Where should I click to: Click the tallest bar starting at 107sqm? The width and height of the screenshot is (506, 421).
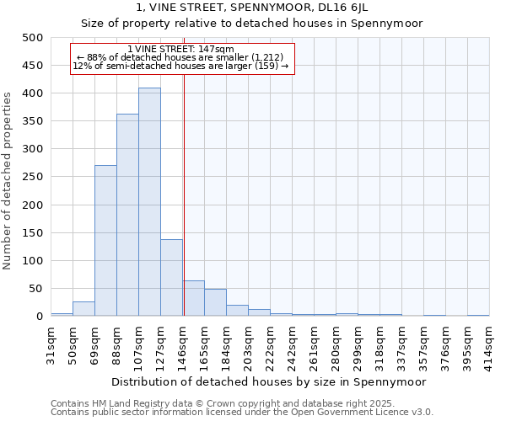149,202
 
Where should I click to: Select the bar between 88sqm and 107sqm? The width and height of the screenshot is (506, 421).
127,215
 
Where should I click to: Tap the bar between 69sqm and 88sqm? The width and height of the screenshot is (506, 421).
105,241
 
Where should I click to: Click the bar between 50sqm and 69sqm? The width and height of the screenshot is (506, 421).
83,309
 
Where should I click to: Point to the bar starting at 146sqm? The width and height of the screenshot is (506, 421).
193,299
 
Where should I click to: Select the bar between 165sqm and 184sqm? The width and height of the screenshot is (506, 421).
215,303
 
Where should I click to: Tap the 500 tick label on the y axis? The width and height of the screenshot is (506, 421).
33,38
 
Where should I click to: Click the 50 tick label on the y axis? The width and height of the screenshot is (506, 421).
36,289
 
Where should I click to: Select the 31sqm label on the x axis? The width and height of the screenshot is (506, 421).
51,343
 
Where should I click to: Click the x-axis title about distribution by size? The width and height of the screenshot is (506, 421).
269,381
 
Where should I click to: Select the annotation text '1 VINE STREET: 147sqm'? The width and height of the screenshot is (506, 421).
180,50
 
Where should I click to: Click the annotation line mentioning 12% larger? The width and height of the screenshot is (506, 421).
180,66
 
